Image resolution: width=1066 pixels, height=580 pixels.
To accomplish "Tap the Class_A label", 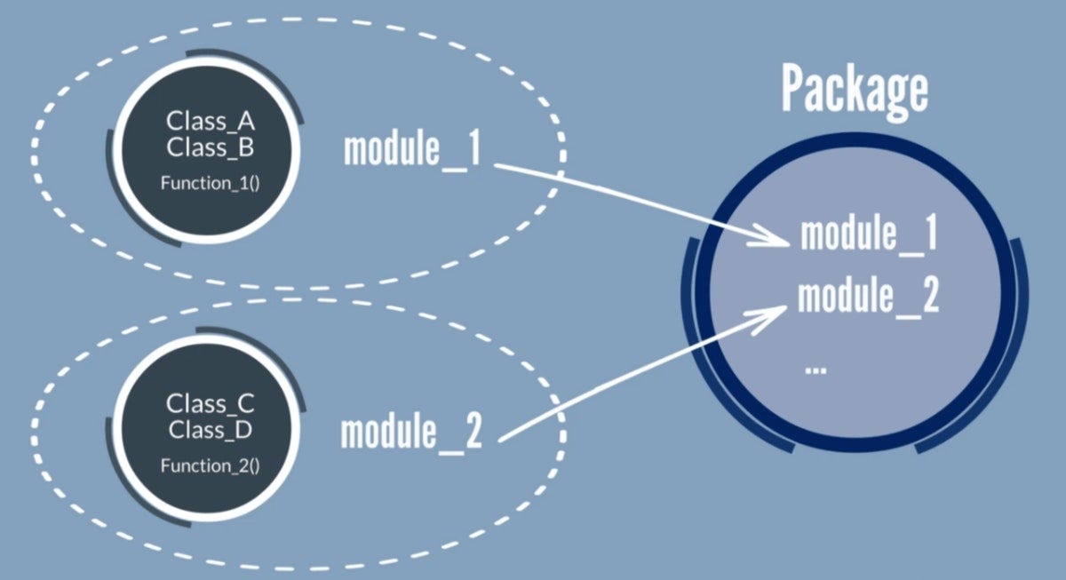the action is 211,122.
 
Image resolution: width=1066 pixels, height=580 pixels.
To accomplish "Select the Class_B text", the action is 211,147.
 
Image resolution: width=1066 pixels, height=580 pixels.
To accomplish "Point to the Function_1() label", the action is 211,183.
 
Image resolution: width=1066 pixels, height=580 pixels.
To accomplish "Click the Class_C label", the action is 211,404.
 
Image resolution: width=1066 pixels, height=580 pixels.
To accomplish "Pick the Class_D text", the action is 211,430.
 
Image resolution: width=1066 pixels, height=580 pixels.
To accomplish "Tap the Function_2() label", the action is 211,465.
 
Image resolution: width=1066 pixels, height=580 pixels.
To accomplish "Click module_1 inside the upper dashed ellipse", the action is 412,148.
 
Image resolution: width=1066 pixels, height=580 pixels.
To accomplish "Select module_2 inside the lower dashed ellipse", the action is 411,431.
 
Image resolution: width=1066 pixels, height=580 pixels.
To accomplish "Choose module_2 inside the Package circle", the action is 869,297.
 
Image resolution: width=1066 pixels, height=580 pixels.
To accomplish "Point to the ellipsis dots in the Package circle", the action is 815,369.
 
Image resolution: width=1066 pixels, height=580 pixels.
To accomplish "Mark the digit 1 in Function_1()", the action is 243,183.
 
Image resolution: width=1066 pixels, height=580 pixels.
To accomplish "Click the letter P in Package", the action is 793,89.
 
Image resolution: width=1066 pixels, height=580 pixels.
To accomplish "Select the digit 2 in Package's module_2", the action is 931,296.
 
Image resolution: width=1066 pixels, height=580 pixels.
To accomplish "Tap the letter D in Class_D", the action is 243,430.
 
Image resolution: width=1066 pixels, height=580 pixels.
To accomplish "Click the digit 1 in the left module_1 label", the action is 473,148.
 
